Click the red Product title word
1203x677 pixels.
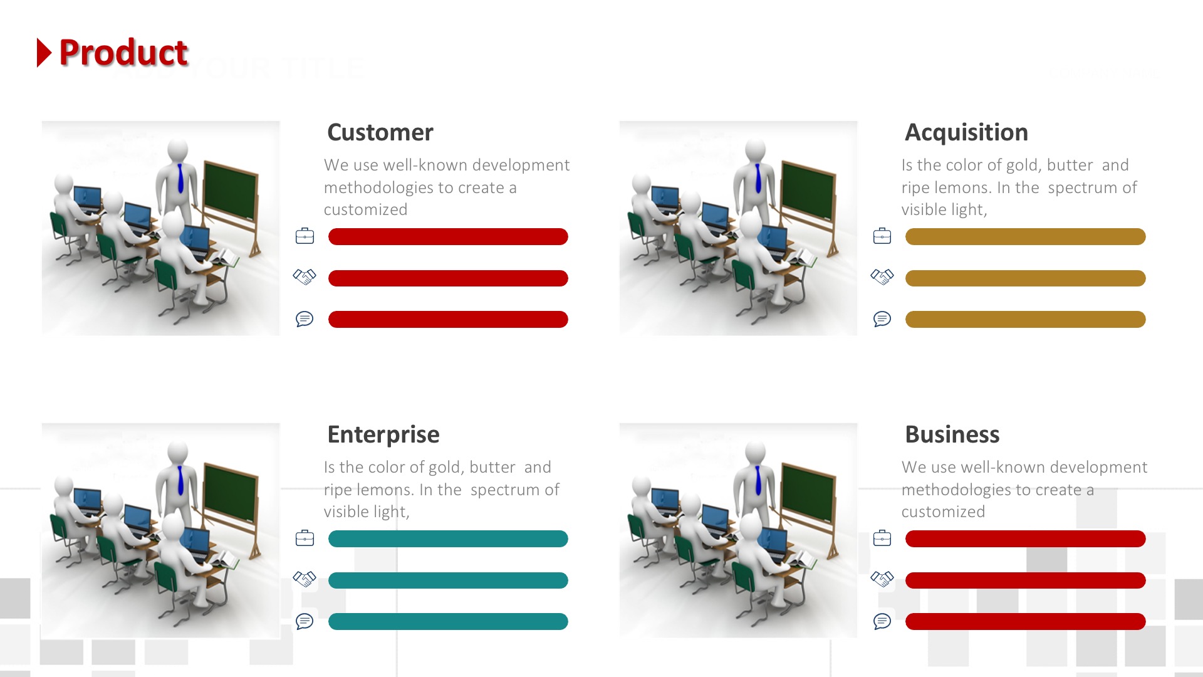(123, 53)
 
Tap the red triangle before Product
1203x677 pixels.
(44, 53)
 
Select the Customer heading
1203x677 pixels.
(380, 132)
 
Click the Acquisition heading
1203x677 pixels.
(966, 132)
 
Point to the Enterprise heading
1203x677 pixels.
(383, 434)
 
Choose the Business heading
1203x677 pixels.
(952, 434)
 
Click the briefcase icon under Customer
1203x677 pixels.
(305, 236)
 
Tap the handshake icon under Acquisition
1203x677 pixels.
(882, 276)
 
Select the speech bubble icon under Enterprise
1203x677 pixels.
(305, 621)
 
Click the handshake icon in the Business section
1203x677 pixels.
(882, 579)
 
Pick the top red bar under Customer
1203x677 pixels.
(448, 236)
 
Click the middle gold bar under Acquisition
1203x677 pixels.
(1025, 278)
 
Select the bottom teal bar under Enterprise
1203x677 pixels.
(448, 621)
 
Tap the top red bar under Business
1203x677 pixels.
(1025, 538)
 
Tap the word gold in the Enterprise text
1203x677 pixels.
(444, 467)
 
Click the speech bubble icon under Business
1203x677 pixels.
(882, 621)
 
